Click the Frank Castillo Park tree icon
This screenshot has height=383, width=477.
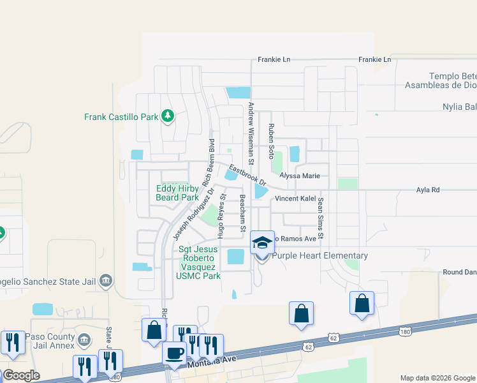tap(168, 116)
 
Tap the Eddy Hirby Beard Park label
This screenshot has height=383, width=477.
tap(177, 193)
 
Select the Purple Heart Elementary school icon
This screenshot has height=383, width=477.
tap(262, 243)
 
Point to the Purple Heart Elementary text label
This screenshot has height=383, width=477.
tap(320, 256)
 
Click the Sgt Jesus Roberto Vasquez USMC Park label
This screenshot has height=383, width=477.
tap(199, 262)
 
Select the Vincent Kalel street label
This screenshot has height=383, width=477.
tap(295, 199)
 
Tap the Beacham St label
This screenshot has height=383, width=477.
tap(243, 212)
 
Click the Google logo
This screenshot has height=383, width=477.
tap(20, 375)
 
